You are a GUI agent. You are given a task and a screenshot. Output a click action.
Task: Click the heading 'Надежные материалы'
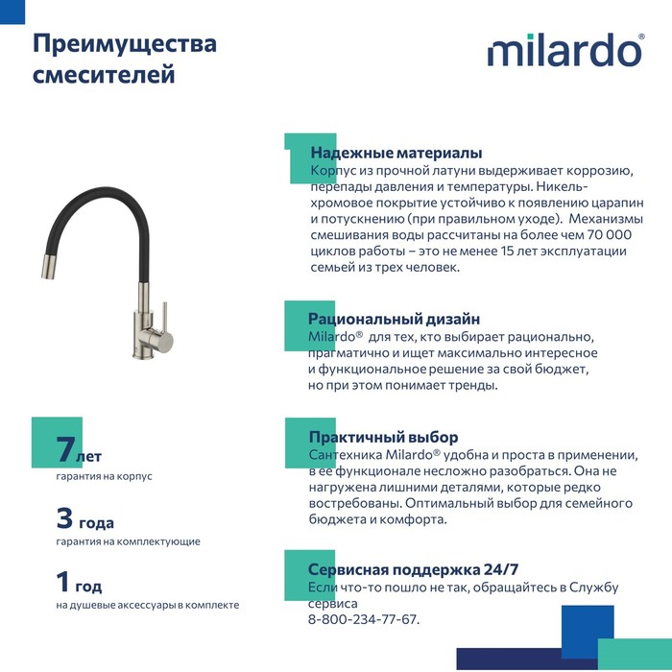coord(396,153)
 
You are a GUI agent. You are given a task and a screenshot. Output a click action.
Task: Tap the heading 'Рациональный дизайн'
coord(394,319)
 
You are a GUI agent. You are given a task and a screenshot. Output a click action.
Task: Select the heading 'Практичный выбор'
coord(383,437)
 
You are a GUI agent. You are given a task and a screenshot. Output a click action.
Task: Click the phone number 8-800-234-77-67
coord(363,619)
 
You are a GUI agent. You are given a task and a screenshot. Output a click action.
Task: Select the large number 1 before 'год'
coord(63,582)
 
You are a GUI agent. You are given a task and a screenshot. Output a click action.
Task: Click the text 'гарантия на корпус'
coord(104,476)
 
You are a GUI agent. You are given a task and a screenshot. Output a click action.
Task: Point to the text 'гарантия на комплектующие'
coord(128,541)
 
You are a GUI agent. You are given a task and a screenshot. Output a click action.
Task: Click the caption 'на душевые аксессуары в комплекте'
coord(147,605)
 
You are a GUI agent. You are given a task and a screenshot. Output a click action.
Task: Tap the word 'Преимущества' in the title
coord(125,44)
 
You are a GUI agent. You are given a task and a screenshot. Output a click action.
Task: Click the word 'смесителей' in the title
coord(105,74)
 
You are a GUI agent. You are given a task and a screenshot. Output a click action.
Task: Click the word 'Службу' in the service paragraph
coord(594,588)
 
